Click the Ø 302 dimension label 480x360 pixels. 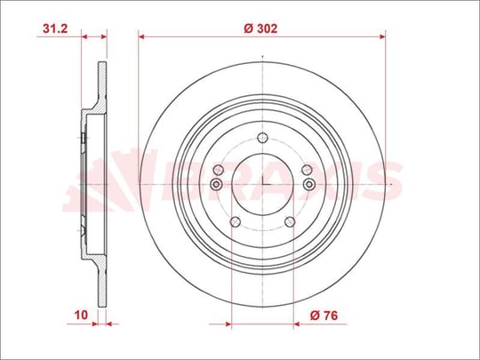coord(260,28)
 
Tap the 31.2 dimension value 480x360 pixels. coord(55,28)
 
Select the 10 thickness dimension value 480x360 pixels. coord(81,315)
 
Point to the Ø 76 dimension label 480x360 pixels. coord(324,315)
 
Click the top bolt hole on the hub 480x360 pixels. coord(262,138)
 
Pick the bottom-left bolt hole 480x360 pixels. coord(235,221)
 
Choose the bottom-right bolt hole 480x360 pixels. coord(290,221)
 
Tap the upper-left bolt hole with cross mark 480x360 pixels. coord(219,169)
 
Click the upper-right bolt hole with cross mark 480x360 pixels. coord(307,169)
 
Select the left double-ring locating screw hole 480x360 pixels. coord(216,184)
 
